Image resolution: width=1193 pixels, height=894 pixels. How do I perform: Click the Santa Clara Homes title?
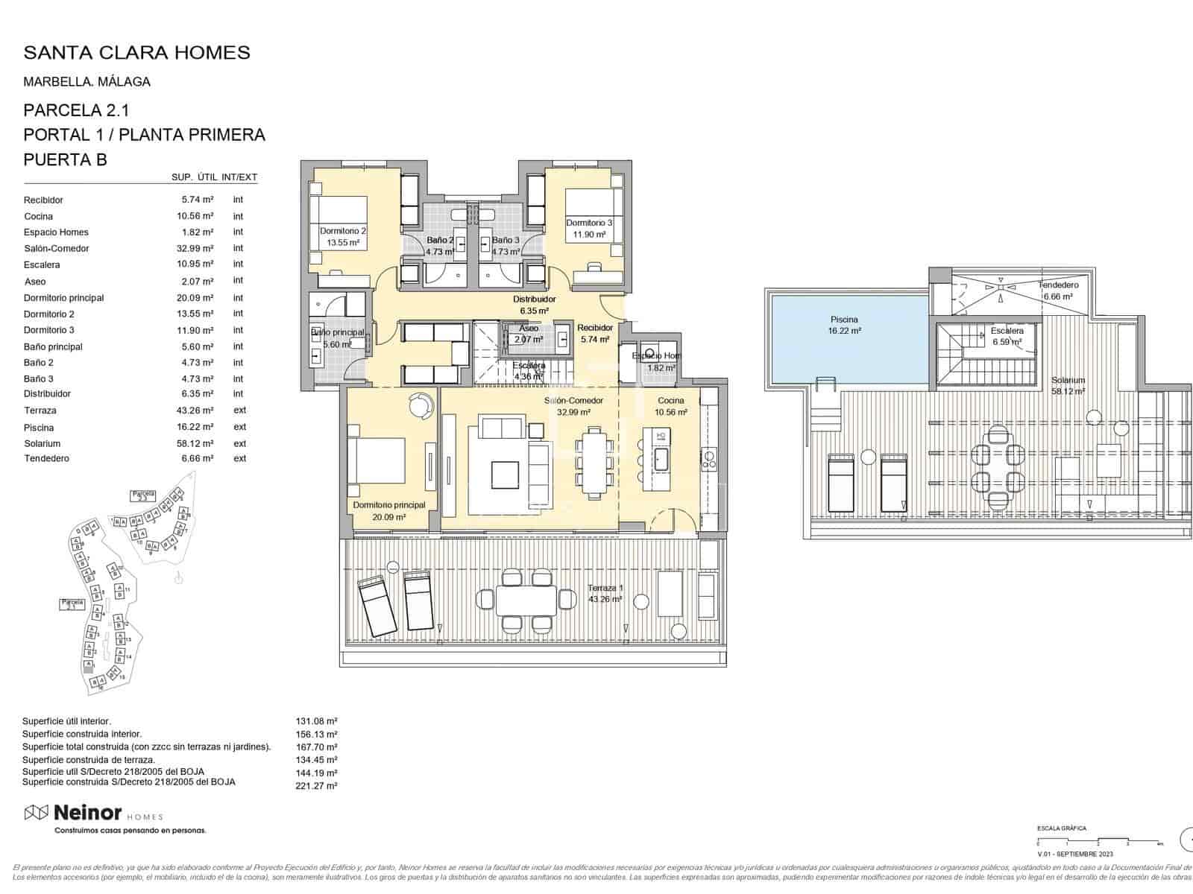click(136, 52)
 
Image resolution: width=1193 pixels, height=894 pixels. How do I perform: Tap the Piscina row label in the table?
click(39, 428)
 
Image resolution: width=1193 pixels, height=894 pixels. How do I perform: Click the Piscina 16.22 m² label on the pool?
click(844, 325)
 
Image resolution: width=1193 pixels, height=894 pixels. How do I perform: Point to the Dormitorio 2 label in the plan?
click(343, 236)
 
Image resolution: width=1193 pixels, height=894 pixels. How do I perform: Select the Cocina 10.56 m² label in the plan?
click(671, 406)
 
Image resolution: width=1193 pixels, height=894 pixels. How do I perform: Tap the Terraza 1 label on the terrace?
click(605, 593)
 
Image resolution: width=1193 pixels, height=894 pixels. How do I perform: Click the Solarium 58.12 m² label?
click(1068, 385)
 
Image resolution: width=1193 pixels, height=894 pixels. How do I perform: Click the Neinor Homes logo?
click(93, 813)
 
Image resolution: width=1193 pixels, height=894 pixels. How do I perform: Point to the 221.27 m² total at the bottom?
click(317, 785)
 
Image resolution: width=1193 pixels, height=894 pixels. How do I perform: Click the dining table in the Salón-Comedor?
click(594, 462)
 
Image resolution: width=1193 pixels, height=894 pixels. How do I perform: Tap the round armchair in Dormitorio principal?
click(421, 405)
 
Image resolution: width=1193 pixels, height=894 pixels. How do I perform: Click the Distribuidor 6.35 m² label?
click(534, 305)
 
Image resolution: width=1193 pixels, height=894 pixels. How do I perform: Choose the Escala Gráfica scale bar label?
click(1062, 828)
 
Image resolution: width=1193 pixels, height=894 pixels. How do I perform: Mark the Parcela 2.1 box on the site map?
click(72, 604)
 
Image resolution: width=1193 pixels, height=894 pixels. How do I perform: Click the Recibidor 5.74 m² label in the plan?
click(595, 333)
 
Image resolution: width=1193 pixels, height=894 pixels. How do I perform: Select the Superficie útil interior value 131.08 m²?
click(317, 721)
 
